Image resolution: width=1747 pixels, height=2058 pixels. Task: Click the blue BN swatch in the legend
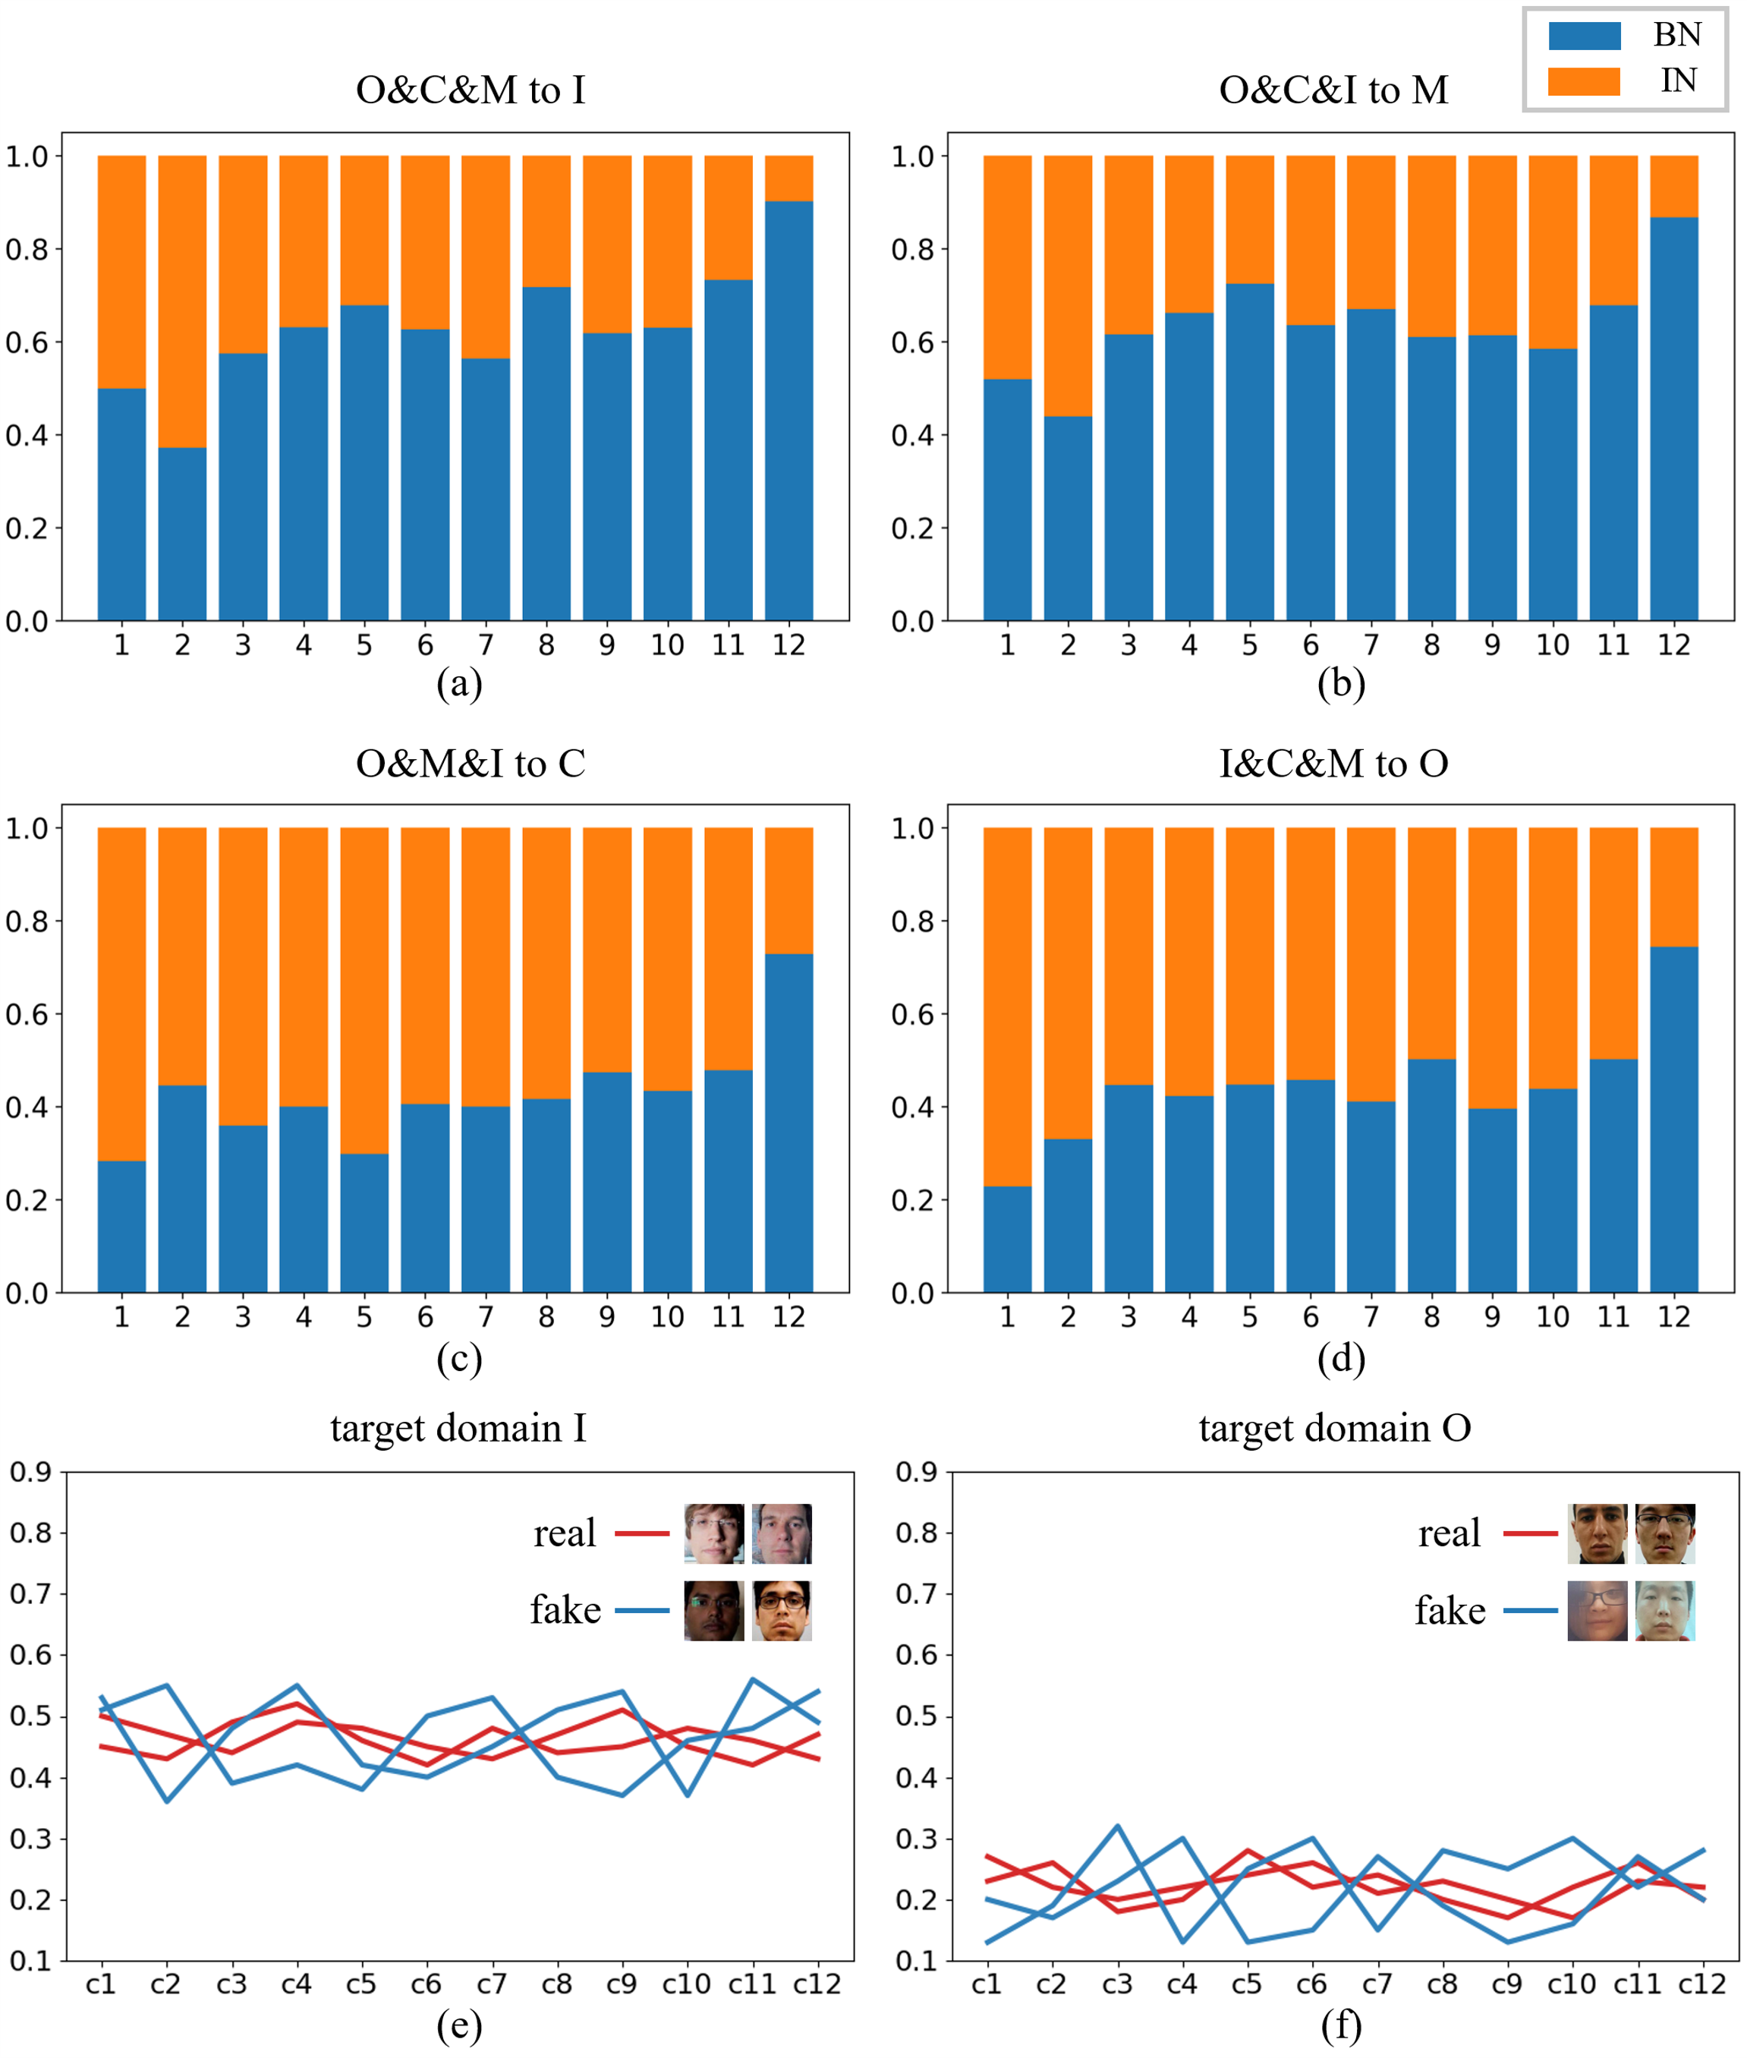tap(1584, 36)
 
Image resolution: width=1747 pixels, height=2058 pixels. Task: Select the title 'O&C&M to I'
tap(471, 90)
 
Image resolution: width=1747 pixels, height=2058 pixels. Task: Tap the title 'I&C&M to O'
tap(1333, 763)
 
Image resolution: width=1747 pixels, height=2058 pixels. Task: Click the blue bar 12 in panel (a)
tap(789, 410)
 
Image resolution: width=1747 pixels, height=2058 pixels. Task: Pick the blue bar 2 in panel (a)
tap(182, 534)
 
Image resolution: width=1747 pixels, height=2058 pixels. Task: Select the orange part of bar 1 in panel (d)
tap(1006, 1006)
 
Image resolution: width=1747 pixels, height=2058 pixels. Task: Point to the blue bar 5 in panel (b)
tap(1249, 452)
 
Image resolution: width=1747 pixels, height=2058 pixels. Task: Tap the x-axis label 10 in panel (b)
tap(1552, 646)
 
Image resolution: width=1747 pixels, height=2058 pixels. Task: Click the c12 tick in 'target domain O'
tap(1702, 1984)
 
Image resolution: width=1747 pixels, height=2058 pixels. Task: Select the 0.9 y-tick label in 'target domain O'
tap(916, 1472)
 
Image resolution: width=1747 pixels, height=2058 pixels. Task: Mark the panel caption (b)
tap(1341, 683)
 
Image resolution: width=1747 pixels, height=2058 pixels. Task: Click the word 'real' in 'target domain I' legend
tap(565, 1533)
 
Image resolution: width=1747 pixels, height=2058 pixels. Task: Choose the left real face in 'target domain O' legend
tap(1597, 1533)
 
